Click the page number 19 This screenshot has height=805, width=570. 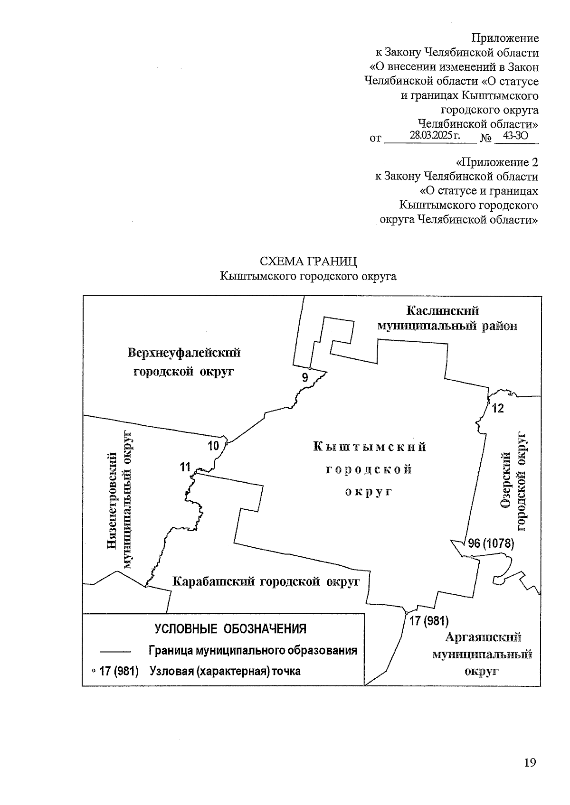pyautogui.click(x=530, y=763)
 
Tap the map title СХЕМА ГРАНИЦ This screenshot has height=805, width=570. pyautogui.click(x=308, y=262)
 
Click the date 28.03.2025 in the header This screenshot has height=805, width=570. pyautogui.click(x=435, y=136)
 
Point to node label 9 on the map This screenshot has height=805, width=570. pyautogui.click(x=305, y=378)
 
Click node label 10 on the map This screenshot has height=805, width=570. pyautogui.click(x=213, y=446)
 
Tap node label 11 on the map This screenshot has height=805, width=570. pyautogui.click(x=185, y=467)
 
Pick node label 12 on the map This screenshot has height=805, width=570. pyautogui.click(x=498, y=408)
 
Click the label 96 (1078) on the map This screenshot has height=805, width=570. pyautogui.click(x=491, y=543)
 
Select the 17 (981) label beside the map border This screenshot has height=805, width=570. pyautogui.click(x=429, y=621)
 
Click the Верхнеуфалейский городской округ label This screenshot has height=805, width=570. pyautogui.click(x=184, y=362)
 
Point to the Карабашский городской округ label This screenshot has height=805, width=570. pyautogui.click(x=266, y=581)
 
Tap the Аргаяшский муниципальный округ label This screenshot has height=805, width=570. pyautogui.click(x=482, y=654)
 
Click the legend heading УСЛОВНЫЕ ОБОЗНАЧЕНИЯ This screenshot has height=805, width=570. pyautogui.click(x=230, y=629)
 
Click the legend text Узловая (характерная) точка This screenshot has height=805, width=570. pyautogui.click(x=225, y=671)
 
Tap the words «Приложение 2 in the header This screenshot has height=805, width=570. pyautogui.click(x=497, y=162)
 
